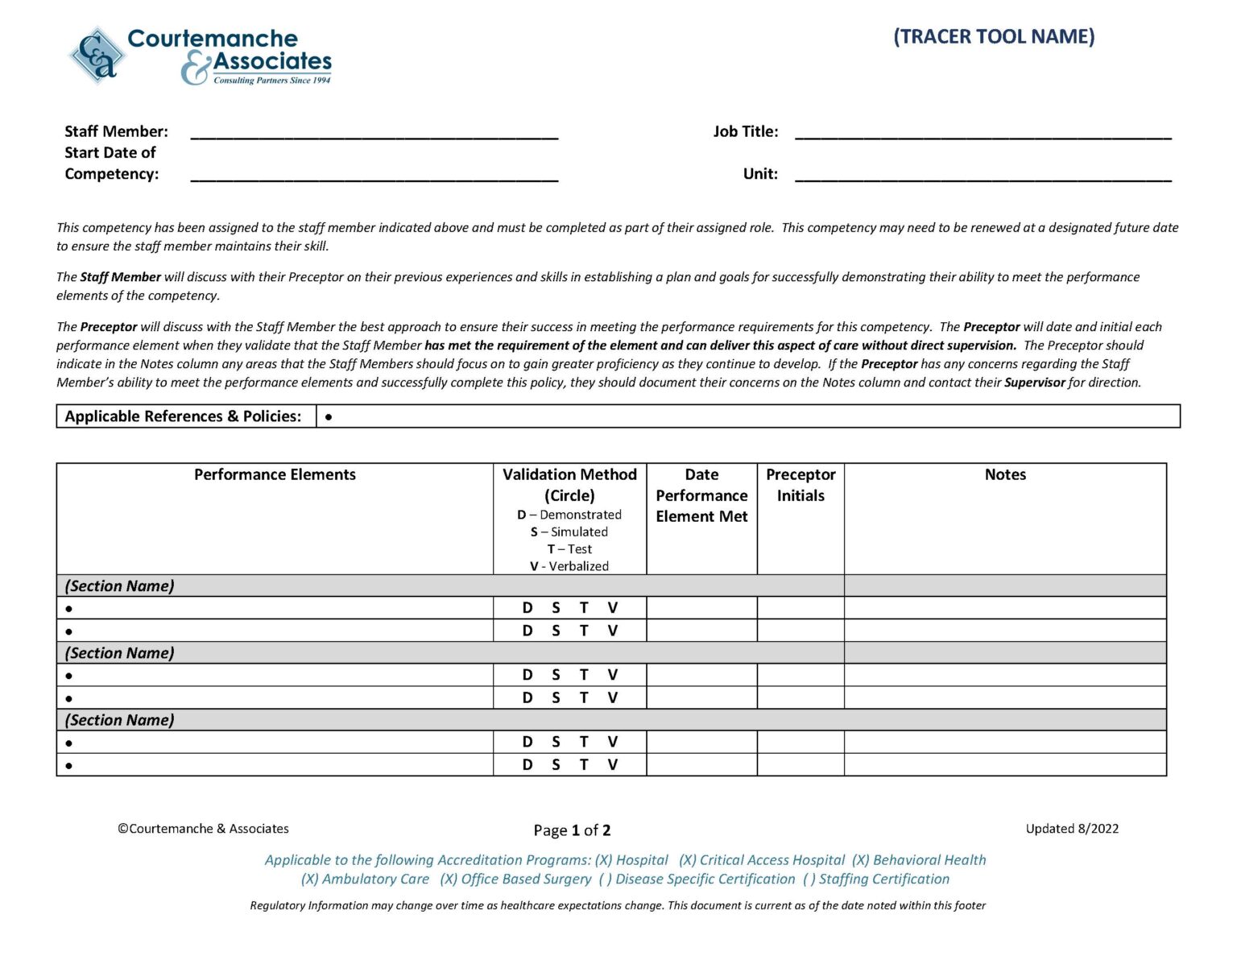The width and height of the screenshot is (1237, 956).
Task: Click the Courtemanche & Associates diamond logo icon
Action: pos(97,56)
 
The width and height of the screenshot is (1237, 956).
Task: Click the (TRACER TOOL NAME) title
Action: pos(994,37)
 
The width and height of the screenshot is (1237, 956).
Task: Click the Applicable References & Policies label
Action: pos(184,416)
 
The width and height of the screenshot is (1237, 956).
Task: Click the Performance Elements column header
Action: pos(275,474)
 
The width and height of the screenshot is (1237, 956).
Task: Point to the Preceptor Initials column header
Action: pos(801,485)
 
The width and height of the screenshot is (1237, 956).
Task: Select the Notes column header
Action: pos(1005,474)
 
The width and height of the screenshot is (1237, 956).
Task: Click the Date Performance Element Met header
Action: pos(701,495)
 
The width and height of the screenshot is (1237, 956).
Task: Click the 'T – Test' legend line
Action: pos(569,549)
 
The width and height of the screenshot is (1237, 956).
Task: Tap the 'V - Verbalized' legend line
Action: pos(569,566)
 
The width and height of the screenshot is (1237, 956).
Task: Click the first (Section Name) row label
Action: pos(119,586)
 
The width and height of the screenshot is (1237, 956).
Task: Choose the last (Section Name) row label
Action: pos(119,720)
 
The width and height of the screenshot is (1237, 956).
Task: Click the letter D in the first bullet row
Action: pos(527,608)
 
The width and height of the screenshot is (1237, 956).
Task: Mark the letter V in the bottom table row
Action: pos(613,764)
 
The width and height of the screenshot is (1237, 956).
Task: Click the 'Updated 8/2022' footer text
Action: pos(1072,829)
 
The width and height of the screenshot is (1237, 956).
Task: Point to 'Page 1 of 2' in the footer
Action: pos(572,830)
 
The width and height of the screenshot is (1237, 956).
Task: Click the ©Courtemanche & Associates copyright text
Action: pos(203,829)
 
